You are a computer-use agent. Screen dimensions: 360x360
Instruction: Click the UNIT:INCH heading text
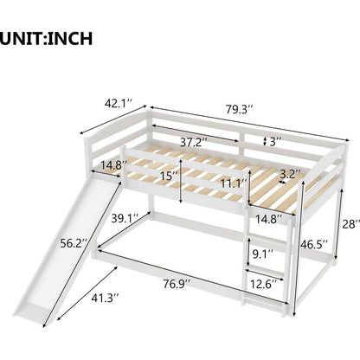click(46, 39)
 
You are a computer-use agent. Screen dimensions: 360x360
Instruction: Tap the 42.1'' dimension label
click(119, 103)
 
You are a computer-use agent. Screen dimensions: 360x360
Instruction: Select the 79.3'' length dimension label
click(240, 109)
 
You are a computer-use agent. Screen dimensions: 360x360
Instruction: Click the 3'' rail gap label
click(275, 142)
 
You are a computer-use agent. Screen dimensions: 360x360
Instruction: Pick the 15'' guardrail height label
click(170, 176)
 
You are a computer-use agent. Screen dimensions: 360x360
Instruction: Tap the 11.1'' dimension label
click(234, 183)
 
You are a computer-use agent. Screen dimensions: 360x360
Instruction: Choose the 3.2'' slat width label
click(290, 174)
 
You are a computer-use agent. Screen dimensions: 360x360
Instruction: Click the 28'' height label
click(351, 224)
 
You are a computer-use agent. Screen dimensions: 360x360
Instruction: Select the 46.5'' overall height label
click(314, 245)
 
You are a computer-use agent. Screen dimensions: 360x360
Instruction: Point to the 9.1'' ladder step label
click(262, 254)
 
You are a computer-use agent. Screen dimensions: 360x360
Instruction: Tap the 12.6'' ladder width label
click(263, 284)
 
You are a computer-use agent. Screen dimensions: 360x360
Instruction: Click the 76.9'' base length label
click(177, 284)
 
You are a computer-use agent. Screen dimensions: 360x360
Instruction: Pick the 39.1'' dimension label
click(125, 218)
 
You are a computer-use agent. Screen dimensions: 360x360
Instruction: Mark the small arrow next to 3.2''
click(282, 182)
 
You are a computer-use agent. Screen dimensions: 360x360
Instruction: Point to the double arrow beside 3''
click(265, 141)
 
